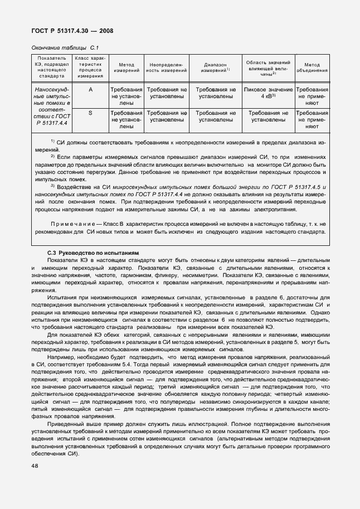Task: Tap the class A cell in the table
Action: coord(90,90)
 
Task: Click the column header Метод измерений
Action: coord(127,69)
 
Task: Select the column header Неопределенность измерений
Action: coord(167,69)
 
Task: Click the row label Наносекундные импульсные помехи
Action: coord(52,106)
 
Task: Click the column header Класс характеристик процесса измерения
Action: coord(90,69)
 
